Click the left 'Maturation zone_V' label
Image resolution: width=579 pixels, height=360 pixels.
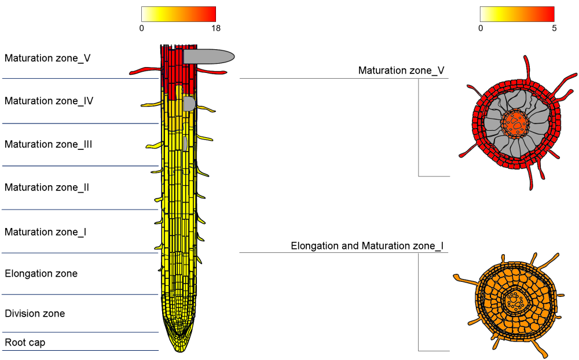click(x=47, y=58)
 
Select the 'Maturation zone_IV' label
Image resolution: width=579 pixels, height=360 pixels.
click(x=49, y=101)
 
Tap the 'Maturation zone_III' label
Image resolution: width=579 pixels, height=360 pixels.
click(x=48, y=144)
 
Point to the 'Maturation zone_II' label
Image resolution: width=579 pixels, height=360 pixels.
click(x=46, y=187)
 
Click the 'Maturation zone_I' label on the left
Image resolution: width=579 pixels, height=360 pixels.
click(x=45, y=232)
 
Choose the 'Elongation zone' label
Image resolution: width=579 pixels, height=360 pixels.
click(x=41, y=274)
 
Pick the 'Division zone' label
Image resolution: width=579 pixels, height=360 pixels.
click(x=35, y=314)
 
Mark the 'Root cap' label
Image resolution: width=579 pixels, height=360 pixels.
click(x=25, y=343)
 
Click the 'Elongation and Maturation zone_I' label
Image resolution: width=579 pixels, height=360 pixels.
click(x=367, y=246)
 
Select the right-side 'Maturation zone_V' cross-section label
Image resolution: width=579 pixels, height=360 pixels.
click(x=401, y=71)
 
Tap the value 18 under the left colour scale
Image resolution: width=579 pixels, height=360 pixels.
click(x=216, y=28)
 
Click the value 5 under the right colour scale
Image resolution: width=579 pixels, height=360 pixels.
click(x=554, y=28)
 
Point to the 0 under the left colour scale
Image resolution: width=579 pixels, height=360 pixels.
click(x=141, y=28)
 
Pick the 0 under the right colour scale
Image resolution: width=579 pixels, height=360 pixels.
click(x=481, y=28)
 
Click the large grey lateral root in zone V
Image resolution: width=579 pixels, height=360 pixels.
click(x=208, y=57)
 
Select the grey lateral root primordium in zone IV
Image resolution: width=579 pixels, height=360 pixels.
click(x=189, y=104)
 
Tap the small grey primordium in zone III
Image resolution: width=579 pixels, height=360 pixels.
click(x=185, y=144)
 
